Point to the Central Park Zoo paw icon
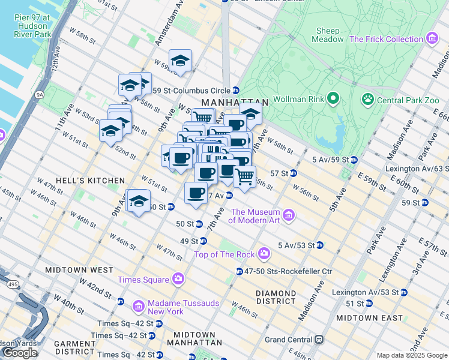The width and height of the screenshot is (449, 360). (x=367, y=99)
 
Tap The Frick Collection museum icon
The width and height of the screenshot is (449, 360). (x=432, y=39)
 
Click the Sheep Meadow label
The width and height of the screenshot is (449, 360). (x=327, y=35)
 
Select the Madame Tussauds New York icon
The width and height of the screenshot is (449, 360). (x=137, y=307)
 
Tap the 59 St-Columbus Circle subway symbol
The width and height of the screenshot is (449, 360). (x=236, y=91)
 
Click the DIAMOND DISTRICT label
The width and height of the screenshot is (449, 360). (x=276, y=298)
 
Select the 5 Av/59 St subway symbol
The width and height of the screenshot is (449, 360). (x=354, y=160)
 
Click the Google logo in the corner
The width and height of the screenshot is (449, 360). (x=20, y=353)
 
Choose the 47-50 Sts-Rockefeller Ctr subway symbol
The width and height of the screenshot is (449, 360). (x=239, y=271)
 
